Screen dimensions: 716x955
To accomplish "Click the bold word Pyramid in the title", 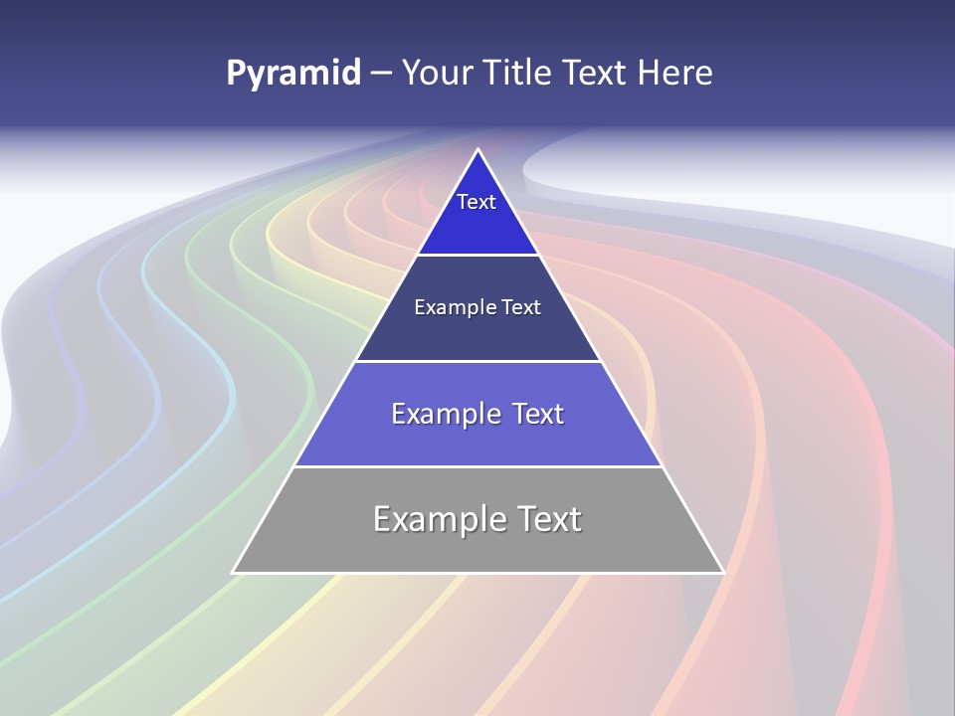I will point(293,74).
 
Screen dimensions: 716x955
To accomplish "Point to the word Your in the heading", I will point(437,74).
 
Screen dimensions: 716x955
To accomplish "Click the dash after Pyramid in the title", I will point(380,74).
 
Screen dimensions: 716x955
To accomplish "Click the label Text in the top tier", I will point(477,202).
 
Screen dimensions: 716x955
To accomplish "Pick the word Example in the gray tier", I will point(441,519).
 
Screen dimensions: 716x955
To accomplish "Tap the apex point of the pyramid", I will point(477,151).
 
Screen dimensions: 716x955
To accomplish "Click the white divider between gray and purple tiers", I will point(477,466).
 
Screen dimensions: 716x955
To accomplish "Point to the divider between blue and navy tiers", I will point(477,255).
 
